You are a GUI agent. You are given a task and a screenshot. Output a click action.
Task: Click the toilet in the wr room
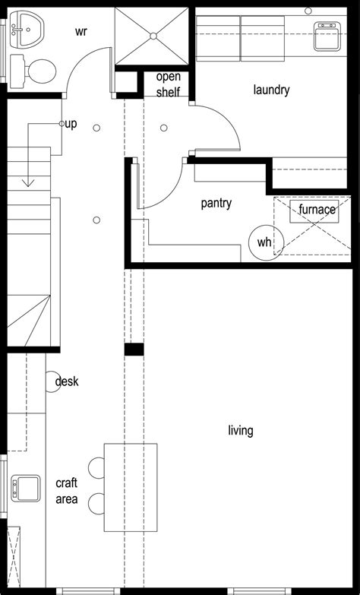coord(35,72)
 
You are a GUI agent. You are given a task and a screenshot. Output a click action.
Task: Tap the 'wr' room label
coord(82,32)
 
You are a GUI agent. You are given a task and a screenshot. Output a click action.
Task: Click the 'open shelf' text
coord(168,84)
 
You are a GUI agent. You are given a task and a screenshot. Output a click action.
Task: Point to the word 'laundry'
coord(271,90)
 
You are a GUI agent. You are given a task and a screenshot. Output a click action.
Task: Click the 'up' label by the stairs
coord(70,124)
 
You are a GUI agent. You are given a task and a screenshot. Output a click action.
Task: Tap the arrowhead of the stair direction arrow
coord(29,182)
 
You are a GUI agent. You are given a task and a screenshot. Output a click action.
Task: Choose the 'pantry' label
coord(216,204)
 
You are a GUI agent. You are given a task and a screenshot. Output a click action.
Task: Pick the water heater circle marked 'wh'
coord(264,242)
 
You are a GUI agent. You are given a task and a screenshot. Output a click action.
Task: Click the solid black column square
coord(134,350)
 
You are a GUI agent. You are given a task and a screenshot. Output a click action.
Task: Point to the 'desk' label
coord(67,381)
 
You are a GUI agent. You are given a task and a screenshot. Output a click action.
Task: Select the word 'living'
coord(240,431)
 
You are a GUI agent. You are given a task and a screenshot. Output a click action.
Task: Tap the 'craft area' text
coord(66,491)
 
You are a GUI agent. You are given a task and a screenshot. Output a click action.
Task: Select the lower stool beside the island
coord(97,503)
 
